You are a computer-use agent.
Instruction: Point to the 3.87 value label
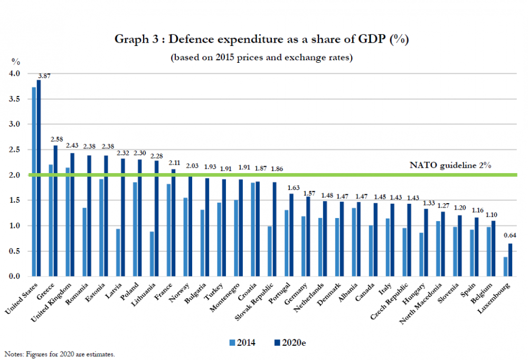click(x=44, y=76)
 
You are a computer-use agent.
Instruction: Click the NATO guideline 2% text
click(x=450, y=165)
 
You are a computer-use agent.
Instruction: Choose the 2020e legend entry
click(x=288, y=343)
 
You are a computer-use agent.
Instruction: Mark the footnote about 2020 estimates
click(x=59, y=354)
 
